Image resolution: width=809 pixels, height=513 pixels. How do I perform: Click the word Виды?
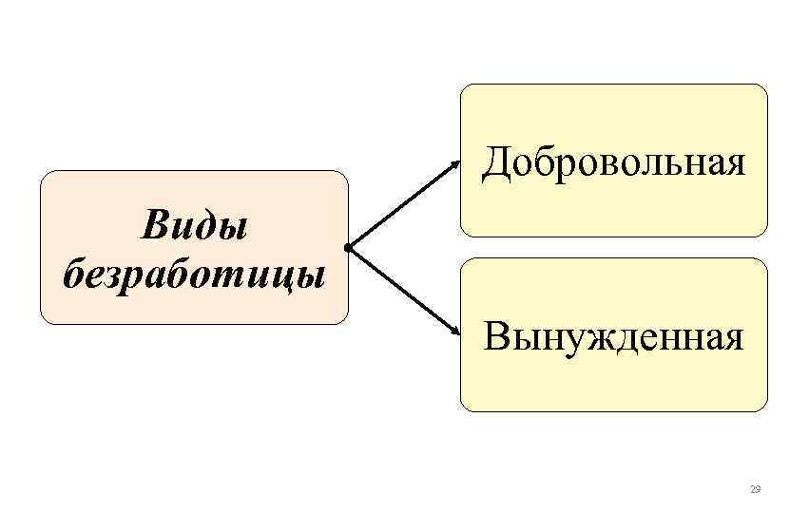point(194,228)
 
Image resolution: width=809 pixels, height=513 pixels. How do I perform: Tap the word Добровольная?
point(613,163)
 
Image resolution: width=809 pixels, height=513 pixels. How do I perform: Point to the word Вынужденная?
point(613,335)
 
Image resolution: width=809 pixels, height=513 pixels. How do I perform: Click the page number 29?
point(755,489)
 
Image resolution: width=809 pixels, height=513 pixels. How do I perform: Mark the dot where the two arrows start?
point(350,248)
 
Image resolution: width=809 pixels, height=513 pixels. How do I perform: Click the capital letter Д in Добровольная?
point(495,164)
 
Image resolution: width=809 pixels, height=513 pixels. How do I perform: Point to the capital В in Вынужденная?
point(495,335)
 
